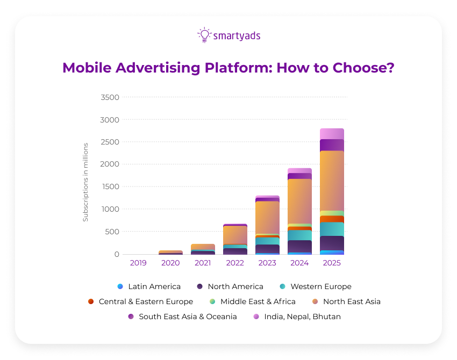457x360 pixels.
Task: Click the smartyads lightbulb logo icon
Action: pyautogui.click(x=204, y=35)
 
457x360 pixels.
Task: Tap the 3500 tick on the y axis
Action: pyautogui.click(x=110, y=97)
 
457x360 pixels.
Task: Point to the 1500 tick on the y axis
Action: pyautogui.click(x=110, y=186)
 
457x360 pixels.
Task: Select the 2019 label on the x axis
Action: pyautogui.click(x=138, y=263)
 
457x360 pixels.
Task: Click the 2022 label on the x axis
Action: pyautogui.click(x=235, y=263)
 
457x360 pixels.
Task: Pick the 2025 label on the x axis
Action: pyautogui.click(x=332, y=263)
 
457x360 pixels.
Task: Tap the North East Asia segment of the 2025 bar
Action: pyautogui.click(x=332, y=181)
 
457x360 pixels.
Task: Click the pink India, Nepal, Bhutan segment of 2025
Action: pyautogui.click(x=332, y=134)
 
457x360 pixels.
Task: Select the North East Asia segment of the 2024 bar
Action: pyautogui.click(x=299, y=201)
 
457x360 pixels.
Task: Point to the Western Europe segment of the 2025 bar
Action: pyautogui.click(x=332, y=229)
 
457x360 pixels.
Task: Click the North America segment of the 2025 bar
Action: pyautogui.click(x=332, y=243)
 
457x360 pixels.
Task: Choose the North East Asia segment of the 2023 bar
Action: pyautogui.click(x=267, y=218)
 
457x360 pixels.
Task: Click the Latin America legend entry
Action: pyautogui.click(x=149, y=286)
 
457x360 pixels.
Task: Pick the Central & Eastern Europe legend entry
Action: pyautogui.click(x=140, y=301)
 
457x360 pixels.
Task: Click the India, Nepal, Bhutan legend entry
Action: pyautogui.click(x=297, y=316)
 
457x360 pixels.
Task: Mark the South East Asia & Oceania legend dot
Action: pyautogui.click(x=131, y=316)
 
